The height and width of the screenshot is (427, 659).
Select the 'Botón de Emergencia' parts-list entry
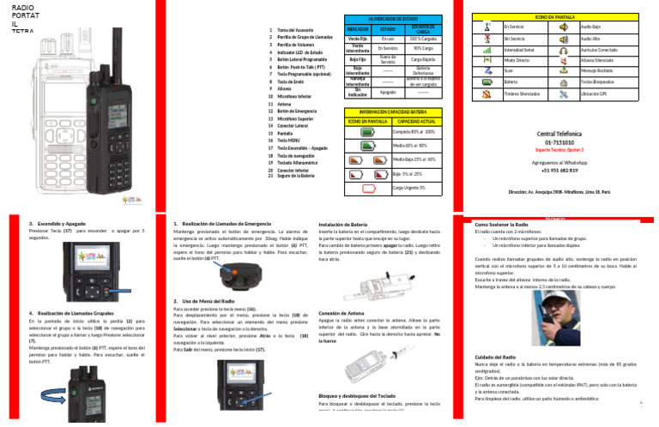[299, 111]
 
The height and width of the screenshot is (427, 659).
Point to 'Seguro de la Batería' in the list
[296, 176]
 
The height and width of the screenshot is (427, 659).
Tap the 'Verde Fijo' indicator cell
[358, 39]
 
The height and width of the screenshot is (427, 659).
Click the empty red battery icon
[367, 187]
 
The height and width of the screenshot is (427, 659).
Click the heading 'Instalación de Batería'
[343, 224]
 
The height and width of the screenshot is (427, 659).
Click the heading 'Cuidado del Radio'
[493, 356]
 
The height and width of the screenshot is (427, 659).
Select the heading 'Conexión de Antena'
[342, 314]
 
